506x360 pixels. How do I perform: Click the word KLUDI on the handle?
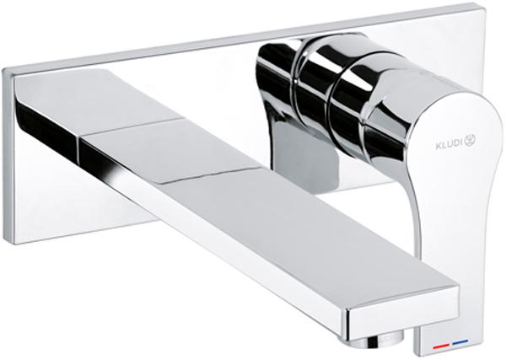pyautogui.click(x=449, y=144)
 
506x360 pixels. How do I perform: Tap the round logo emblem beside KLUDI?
pyautogui.click(x=471, y=141)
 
